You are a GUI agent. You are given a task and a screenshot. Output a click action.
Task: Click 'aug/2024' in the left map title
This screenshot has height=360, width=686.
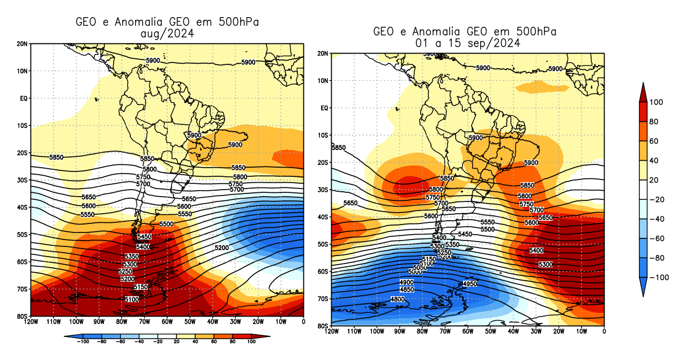166,33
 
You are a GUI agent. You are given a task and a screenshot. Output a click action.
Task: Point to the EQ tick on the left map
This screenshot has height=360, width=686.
24,98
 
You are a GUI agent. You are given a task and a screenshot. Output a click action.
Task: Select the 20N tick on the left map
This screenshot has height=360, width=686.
23,43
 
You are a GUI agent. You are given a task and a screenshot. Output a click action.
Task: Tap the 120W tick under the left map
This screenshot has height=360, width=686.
31,322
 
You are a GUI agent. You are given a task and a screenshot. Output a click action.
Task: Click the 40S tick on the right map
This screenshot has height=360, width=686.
323,217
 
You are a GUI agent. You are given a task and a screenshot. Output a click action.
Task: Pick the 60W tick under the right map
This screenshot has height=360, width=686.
467,332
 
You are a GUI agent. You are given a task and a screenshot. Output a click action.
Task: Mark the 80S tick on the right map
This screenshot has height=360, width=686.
323,326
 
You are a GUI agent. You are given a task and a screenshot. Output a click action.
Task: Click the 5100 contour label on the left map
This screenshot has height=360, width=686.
131,299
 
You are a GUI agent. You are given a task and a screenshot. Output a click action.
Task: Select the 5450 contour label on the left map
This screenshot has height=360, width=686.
144,237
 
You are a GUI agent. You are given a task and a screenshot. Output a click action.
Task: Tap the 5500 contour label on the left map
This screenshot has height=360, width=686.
167,224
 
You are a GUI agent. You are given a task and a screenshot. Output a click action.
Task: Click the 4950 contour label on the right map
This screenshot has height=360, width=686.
469,283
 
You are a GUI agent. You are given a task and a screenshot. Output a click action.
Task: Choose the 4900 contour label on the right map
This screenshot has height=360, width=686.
407,282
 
